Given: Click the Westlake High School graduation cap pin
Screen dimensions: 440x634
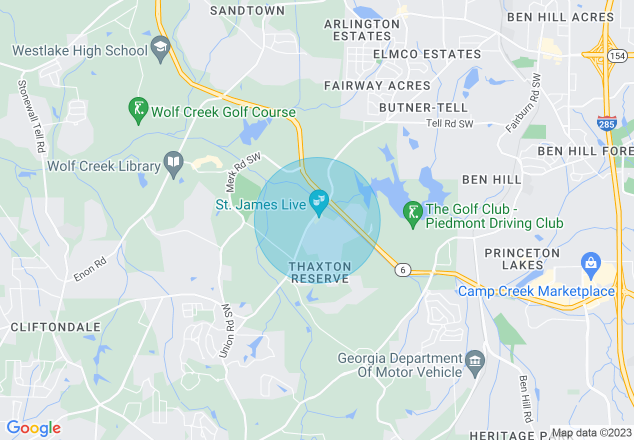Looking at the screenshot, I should pyautogui.click(x=160, y=48).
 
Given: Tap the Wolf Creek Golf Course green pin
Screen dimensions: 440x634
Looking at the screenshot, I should pyautogui.click(x=138, y=109).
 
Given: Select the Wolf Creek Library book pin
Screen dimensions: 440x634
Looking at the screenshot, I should pyautogui.click(x=173, y=163).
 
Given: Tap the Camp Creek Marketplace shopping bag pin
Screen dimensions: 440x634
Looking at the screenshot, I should pyautogui.click(x=590, y=264).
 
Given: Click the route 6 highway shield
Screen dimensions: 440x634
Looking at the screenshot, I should pyautogui.click(x=402, y=270).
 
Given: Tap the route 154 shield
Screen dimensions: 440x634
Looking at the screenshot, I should pyautogui.click(x=618, y=56).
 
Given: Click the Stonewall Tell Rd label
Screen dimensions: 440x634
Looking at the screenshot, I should pyautogui.click(x=31, y=116).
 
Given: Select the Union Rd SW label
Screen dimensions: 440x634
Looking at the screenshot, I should pyautogui.click(x=226, y=330).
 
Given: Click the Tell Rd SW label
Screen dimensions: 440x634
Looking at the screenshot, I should pyautogui.click(x=449, y=123).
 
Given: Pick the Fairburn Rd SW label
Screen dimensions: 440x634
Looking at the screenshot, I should pyautogui.click(x=523, y=103).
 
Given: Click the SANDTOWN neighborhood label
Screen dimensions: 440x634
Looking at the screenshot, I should pyautogui.click(x=247, y=10).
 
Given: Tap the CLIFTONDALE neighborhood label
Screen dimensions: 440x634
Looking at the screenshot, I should pyautogui.click(x=55, y=327).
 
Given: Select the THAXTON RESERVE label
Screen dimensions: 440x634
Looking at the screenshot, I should pyautogui.click(x=320, y=272).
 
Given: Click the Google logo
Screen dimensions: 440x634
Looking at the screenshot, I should pyautogui.click(x=33, y=428).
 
